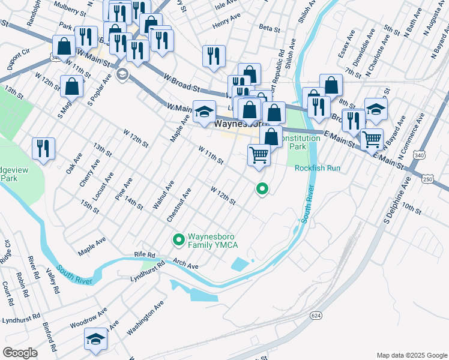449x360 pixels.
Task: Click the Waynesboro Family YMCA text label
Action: coord(213,241)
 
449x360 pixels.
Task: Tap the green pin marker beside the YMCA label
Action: coord(178,241)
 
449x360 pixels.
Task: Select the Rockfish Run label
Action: coord(317,168)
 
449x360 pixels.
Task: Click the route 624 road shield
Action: coord(316,315)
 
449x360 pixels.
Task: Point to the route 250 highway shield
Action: coord(427,179)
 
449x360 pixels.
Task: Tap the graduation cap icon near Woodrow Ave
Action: coord(96,339)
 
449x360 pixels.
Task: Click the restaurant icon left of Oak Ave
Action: coord(43,148)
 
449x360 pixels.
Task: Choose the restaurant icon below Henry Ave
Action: coord(214,56)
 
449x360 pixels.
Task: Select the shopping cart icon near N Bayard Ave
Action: coord(372,139)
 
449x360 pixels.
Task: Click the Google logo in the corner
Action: coord(20,352)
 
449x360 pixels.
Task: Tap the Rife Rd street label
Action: coord(145,255)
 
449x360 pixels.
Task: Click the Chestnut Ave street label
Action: coord(179,205)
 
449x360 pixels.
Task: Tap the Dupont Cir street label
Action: coord(19,60)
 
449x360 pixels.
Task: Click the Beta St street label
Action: coord(270,28)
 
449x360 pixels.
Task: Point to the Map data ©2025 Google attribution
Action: coord(411,355)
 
